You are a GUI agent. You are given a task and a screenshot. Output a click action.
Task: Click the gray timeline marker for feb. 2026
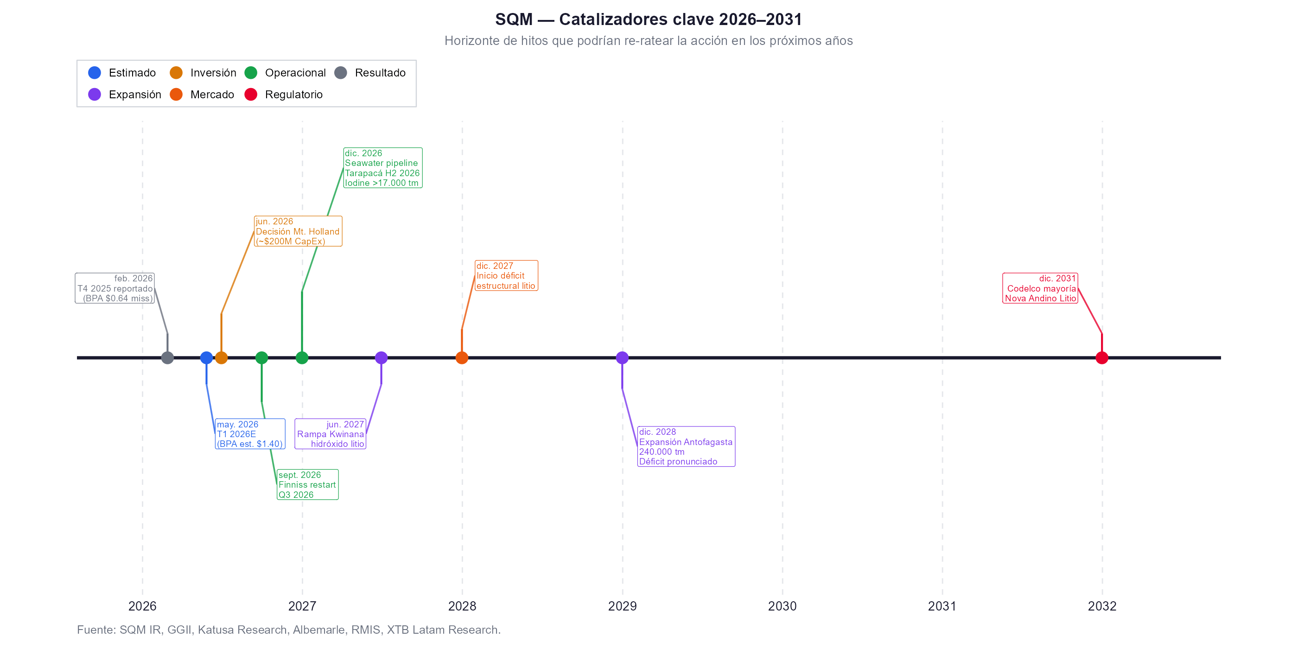(x=167, y=358)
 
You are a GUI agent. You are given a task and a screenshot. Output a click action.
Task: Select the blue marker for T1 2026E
(x=206, y=358)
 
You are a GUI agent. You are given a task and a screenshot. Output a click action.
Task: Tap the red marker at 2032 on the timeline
(x=1101, y=358)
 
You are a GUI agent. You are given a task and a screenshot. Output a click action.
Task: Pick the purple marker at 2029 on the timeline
(x=622, y=358)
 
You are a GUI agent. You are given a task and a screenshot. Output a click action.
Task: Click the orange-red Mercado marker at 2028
(x=462, y=358)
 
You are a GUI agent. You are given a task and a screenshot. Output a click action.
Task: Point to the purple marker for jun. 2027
(x=382, y=358)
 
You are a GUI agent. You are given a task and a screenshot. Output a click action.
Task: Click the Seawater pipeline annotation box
(x=382, y=168)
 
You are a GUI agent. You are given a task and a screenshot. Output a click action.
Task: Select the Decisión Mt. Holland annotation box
(x=298, y=231)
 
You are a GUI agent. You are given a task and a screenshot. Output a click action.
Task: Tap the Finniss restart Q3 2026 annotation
(x=307, y=485)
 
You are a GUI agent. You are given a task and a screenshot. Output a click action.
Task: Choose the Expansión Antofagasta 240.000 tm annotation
(x=686, y=446)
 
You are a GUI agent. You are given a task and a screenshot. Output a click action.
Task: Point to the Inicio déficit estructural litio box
(x=506, y=276)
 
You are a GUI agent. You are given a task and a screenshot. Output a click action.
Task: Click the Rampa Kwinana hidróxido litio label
(x=330, y=434)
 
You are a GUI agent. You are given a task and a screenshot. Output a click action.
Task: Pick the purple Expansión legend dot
(x=95, y=95)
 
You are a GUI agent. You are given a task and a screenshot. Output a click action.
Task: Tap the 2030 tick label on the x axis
(x=782, y=606)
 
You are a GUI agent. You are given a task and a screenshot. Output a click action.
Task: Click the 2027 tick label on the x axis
(x=302, y=606)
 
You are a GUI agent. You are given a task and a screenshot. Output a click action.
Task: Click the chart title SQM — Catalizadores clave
(x=649, y=19)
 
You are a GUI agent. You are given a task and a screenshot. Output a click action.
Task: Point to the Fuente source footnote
(x=289, y=630)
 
